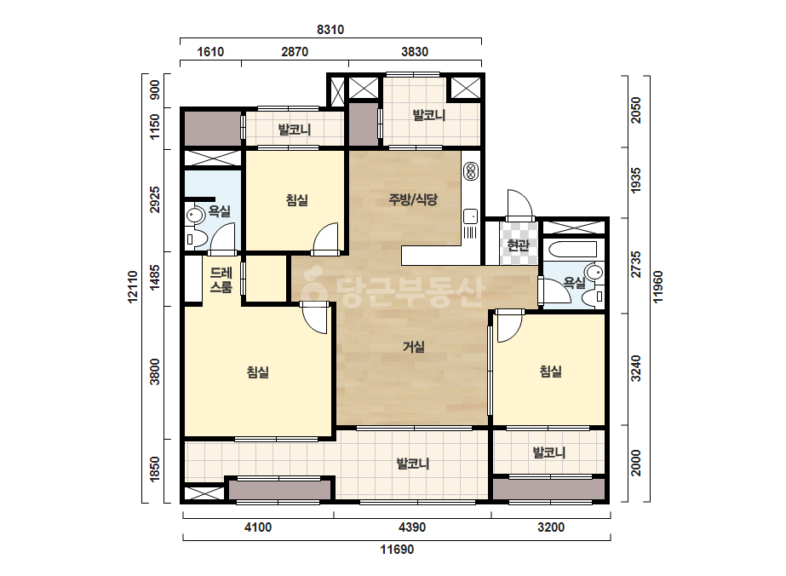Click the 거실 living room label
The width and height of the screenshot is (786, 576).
pyautogui.click(x=414, y=347)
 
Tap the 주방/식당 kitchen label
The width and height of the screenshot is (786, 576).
pyautogui.click(x=413, y=199)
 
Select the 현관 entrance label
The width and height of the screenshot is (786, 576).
pyautogui.click(x=518, y=245)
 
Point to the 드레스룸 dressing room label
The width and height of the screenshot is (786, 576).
pyautogui.click(x=221, y=280)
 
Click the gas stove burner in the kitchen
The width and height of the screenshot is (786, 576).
pyautogui.click(x=471, y=171)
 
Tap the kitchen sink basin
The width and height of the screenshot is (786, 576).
pyautogui.click(x=471, y=216)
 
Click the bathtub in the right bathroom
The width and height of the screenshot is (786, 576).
pyautogui.click(x=572, y=250)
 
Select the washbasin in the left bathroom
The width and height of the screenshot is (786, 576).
pyautogui.click(x=194, y=216)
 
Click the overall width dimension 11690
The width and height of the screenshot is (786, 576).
pyautogui.click(x=397, y=550)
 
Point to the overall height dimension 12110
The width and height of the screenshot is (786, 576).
pyautogui.click(x=132, y=287)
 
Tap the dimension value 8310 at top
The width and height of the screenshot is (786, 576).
pyautogui.click(x=330, y=30)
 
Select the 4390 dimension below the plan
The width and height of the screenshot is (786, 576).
pyautogui.click(x=412, y=527)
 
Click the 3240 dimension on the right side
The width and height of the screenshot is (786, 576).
pyautogui.click(x=635, y=368)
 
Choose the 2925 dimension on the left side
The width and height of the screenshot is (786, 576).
pyautogui.click(x=155, y=199)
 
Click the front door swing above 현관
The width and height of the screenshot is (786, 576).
pyautogui.click(x=519, y=204)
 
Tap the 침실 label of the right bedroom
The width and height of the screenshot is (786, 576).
pyautogui.click(x=550, y=372)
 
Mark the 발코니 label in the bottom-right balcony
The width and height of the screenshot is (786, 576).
pyautogui.click(x=549, y=452)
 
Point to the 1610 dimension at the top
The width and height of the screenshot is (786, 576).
pyautogui.click(x=210, y=52)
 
